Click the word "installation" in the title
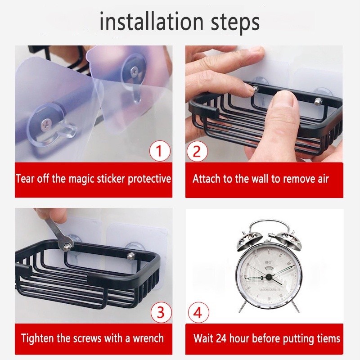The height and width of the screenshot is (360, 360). pyautogui.click(x=152, y=21)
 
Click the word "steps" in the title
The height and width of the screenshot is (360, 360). pyautogui.click(x=235, y=23)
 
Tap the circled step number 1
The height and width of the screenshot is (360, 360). pyautogui.click(x=160, y=151)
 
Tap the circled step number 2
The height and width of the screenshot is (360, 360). pyautogui.click(x=197, y=151)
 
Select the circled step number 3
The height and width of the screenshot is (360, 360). pyautogui.click(x=161, y=312)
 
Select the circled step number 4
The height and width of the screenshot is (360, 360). pyautogui.click(x=198, y=312)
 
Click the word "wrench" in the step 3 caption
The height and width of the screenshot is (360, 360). pyautogui.click(x=148, y=338)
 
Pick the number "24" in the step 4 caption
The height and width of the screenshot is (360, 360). pyautogui.click(x=220, y=338)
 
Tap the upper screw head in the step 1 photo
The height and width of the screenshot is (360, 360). pyautogui.click(x=134, y=72)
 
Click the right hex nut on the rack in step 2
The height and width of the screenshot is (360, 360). pyautogui.click(x=318, y=100)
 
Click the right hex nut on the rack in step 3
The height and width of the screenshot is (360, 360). pyautogui.click(x=130, y=256)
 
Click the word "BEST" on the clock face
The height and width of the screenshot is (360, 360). pyautogui.click(x=269, y=262)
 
